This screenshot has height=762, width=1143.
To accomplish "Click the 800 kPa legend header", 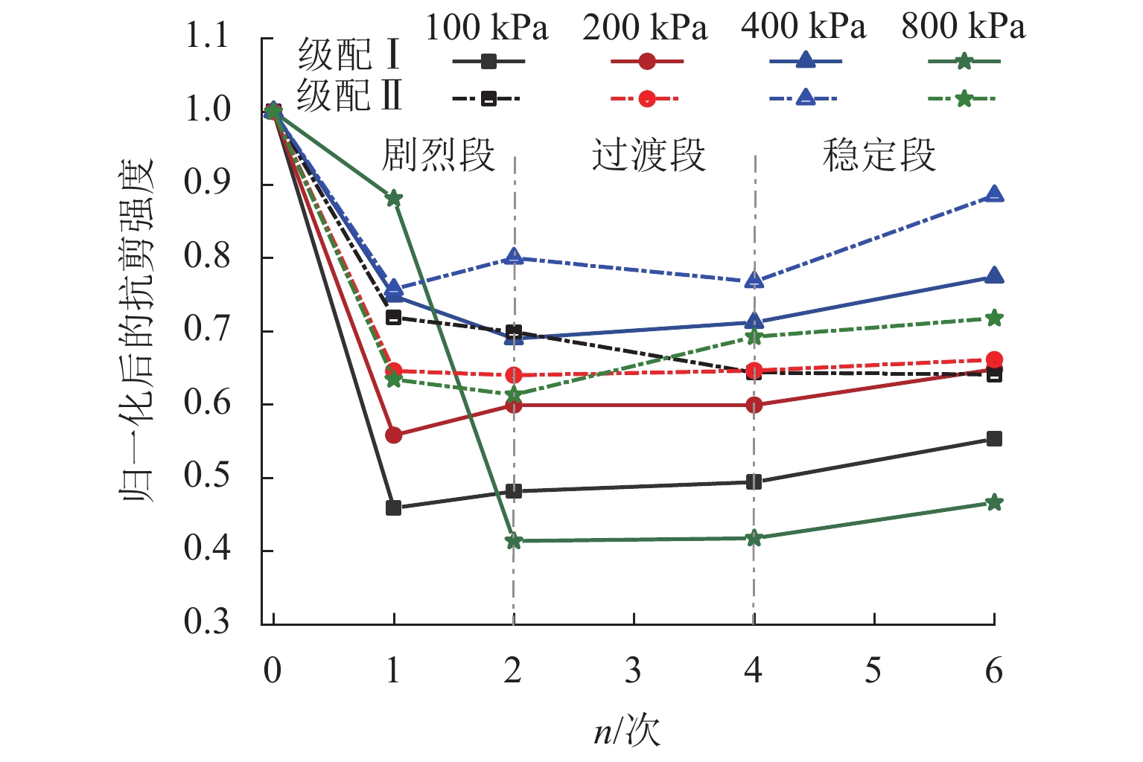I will click(x=963, y=28).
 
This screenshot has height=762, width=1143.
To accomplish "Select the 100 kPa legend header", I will click(x=486, y=28).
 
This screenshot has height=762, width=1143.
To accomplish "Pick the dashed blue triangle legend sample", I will click(x=805, y=98).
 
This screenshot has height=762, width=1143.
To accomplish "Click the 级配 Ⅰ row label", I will click(x=349, y=54).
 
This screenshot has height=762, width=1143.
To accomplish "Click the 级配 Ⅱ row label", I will click(x=349, y=96).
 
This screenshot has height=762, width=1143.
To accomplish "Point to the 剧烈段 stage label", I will click(x=438, y=156).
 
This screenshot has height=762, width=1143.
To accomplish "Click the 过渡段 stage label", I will click(x=648, y=156).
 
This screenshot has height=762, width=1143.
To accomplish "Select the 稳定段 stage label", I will click(x=879, y=156).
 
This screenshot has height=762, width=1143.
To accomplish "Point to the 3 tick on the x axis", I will click(x=633, y=671).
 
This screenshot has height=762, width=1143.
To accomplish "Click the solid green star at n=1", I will click(x=394, y=199).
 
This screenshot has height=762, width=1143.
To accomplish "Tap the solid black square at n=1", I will click(x=394, y=508).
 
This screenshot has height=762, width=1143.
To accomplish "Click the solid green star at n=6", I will click(x=994, y=503).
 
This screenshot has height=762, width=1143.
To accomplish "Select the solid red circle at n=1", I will click(x=394, y=435).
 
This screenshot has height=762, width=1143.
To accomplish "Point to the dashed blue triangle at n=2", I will click(x=514, y=257).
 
